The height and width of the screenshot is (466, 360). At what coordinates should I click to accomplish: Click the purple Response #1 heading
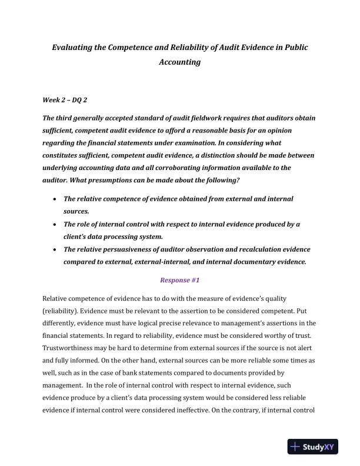tap(180, 281)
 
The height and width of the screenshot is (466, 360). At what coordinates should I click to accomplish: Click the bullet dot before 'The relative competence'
tap(55, 199)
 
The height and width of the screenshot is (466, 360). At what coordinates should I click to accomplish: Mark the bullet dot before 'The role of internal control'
tap(55, 225)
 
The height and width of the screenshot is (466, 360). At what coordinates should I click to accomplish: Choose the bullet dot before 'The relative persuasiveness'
tap(55, 249)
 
